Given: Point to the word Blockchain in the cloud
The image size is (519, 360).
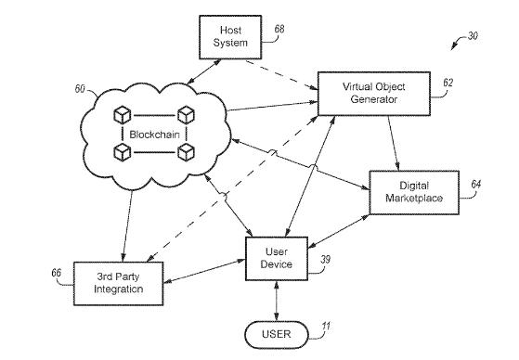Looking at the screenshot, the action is tap(154, 135).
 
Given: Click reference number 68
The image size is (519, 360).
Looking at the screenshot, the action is tap(279, 29).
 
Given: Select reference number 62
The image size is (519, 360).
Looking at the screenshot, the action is tap(448, 83).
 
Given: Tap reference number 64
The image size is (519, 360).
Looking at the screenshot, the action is tap(476, 185).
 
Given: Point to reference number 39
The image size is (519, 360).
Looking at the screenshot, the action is tap(325, 260).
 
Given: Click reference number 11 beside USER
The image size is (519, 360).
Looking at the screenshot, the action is tap(326, 327).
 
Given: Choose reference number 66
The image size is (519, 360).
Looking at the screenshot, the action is tap(57, 273).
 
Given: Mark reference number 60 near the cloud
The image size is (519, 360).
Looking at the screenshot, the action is tap(80, 89).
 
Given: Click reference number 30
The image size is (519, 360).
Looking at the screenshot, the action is tap(473, 36).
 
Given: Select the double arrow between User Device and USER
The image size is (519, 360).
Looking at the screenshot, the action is tap(277, 301).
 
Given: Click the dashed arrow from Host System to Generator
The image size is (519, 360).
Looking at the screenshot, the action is tap(281, 75).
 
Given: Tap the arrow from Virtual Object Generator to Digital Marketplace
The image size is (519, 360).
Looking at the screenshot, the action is tap(394, 143).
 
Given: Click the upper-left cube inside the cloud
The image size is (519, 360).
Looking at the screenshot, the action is tap(123, 115).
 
